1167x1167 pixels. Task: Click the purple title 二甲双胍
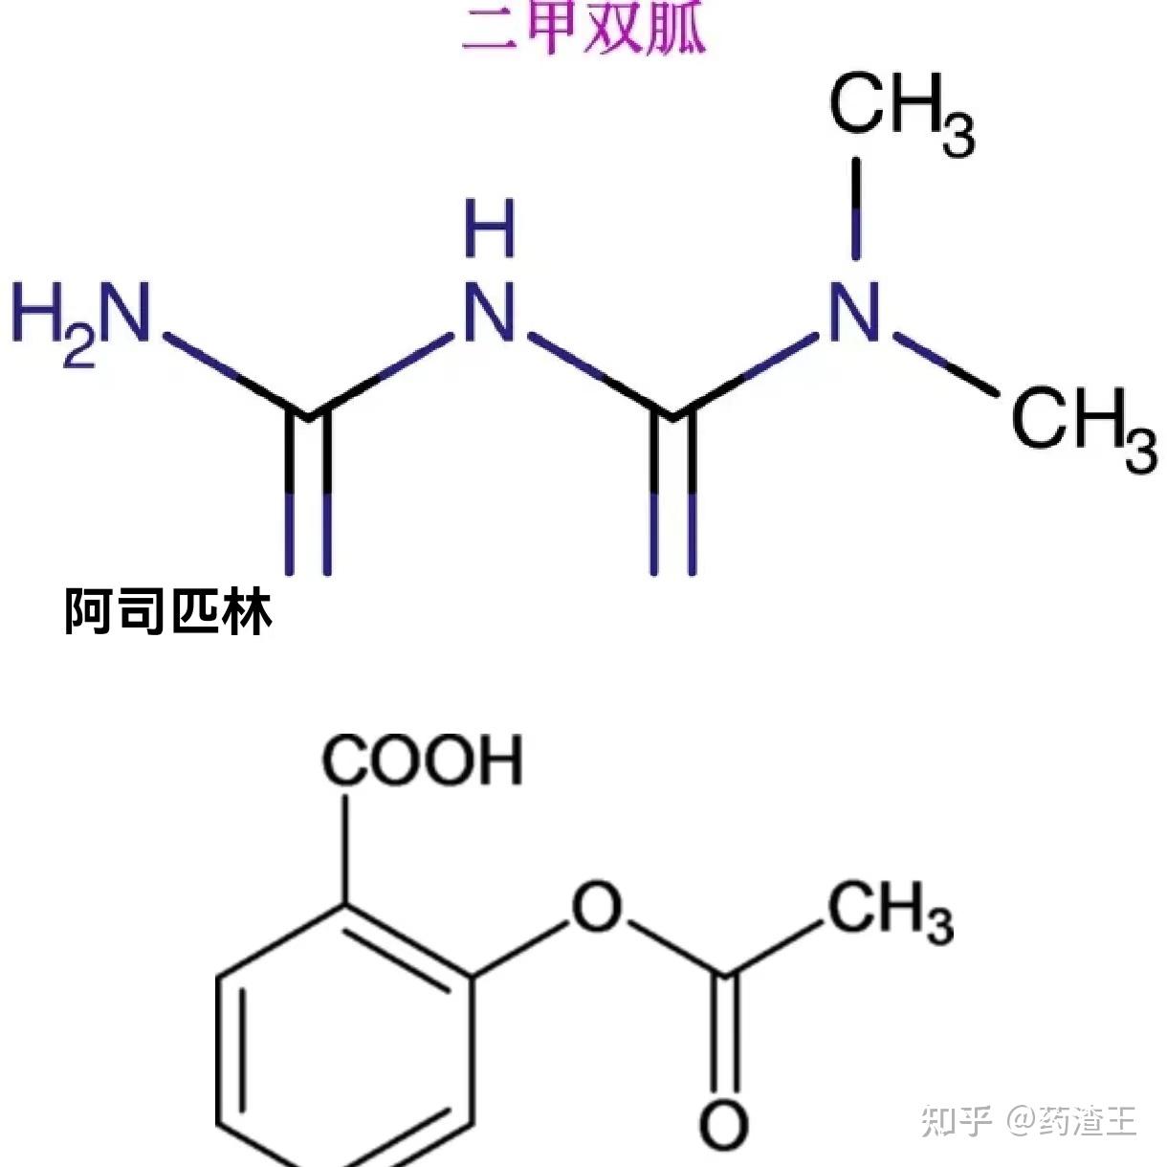click(584, 29)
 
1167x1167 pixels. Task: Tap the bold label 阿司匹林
click(168, 611)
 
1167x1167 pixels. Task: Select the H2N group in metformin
click(81, 314)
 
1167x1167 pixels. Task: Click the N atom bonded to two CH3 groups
click(854, 314)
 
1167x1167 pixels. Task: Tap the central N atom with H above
click(490, 314)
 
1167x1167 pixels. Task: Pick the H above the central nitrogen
click(490, 229)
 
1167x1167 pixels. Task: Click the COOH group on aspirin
click(422, 761)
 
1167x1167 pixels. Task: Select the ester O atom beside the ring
click(596, 907)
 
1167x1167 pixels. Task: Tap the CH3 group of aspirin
click(890, 910)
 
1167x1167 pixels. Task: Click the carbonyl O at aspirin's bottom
click(723, 1125)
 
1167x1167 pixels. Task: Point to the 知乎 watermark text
click(957, 1119)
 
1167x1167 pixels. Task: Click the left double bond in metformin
click(308, 497)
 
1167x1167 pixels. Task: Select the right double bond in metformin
click(673, 497)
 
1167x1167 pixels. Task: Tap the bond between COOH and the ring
click(345, 847)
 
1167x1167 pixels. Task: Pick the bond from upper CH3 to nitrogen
click(855, 209)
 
